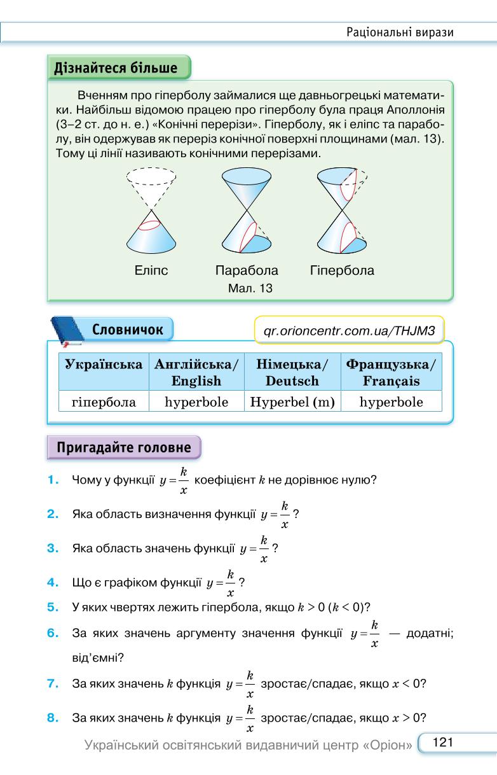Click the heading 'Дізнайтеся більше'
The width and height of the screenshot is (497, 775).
click(x=116, y=68)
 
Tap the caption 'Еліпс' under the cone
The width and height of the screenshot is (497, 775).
click(x=151, y=270)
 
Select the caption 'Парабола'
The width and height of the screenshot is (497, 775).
click(x=247, y=270)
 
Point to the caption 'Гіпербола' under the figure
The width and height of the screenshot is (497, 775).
click(x=342, y=270)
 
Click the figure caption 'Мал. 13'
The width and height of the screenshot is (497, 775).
click(x=250, y=288)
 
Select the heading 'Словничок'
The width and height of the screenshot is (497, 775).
click(x=127, y=330)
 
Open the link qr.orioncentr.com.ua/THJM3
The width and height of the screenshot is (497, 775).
click(x=349, y=331)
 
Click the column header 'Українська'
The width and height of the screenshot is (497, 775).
click(x=104, y=365)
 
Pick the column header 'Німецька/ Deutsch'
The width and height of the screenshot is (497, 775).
click(x=292, y=372)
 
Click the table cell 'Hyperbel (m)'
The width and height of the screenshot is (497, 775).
click(x=292, y=401)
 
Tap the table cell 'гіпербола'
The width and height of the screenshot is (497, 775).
click(x=104, y=402)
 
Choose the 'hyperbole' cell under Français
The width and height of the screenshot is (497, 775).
click(x=391, y=401)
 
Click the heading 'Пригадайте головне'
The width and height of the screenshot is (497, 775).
click(x=124, y=447)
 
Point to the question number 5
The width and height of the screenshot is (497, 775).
click(x=53, y=607)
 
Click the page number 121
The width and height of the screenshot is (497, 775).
click(x=443, y=742)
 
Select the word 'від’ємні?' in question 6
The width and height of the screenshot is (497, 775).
click(x=98, y=657)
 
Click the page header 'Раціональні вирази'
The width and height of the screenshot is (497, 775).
click(x=400, y=32)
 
